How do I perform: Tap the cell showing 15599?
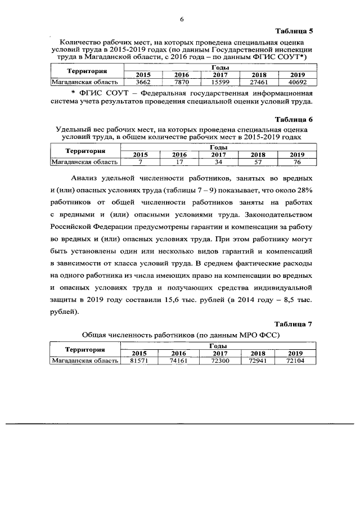coord(220,82)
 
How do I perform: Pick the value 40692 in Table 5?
coord(296,82)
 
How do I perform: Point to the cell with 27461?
coord(258,82)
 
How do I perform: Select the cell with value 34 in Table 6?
coord(218,162)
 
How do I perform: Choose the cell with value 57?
coord(258,162)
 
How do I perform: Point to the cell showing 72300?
coord(218,361)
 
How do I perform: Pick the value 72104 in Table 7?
coord(295,361)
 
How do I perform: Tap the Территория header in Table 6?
coord(85,151)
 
